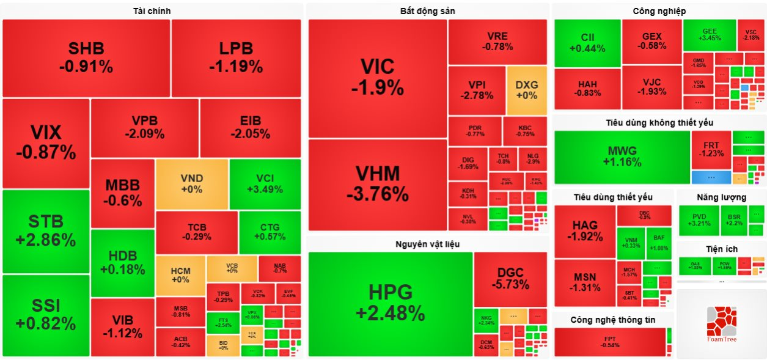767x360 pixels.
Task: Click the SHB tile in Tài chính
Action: tap(86, 57)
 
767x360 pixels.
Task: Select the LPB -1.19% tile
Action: tap(236, 57)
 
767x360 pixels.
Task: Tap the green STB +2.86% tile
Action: tap(46, 230)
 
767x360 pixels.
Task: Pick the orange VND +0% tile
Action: tap(192, 183)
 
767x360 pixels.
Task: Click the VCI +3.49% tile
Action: tap(265, 183)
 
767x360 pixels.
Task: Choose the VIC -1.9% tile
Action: tap(377, 77)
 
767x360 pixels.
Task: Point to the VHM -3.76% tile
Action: tap(377, 184)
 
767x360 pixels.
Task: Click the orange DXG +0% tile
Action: tap(526, 90)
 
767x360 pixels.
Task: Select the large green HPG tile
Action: tap(390, 303)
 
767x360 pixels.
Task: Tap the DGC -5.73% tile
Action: tap(510, 278)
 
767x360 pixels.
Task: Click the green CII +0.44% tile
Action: tap(587, 43)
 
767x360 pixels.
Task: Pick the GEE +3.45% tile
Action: tap(709, 34)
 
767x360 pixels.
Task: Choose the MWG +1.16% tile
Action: tap(622, 157)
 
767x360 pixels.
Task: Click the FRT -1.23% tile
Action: tap(711, 150)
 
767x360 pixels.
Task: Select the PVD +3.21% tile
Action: tap(697, 220)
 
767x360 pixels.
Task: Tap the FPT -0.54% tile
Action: tap(609, 342)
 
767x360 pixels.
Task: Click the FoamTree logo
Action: tap(721, 324)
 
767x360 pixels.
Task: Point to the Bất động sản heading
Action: tap(427, 11)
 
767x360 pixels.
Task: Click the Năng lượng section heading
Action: tap(721, 197)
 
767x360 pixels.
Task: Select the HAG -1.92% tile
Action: tap(585, 231)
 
